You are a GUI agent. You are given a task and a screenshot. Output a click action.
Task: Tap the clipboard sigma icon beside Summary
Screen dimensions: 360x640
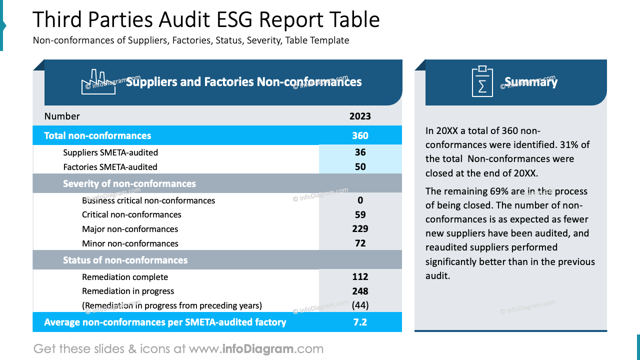click(x=482, y=81)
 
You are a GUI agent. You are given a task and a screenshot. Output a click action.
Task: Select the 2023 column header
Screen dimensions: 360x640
click(x=360, y=116)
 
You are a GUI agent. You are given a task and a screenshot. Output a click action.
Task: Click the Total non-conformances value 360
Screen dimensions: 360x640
click(x=360, y=135)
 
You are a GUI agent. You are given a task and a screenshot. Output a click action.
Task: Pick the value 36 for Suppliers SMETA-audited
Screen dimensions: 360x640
click(x=360, y=152)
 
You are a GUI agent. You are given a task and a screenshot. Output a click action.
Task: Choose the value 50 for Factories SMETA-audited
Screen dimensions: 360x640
click(x=360, y=167)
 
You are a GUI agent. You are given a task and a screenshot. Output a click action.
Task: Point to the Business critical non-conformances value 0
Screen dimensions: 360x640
click(x=360, y=200)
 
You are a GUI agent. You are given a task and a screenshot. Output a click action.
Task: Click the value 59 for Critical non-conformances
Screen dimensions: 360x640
click(x=360, y=215)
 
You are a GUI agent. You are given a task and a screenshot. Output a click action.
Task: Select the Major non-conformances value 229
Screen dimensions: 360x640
click(x=360, y=229)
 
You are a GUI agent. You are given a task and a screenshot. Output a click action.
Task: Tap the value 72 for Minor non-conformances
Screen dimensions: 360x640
click(x=360, y=243)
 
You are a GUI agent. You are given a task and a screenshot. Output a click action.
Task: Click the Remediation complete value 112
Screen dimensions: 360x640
click(x=360, y=277)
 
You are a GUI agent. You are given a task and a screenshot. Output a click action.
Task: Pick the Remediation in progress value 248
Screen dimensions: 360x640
click(x=360, y=291)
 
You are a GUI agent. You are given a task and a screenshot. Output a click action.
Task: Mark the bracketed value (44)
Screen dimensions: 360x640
click(x=360, y=305)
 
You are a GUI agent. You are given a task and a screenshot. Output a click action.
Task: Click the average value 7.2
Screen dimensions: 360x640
click(x=360, y=322)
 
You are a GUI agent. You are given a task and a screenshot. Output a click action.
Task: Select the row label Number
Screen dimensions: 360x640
click(x=62, y=116)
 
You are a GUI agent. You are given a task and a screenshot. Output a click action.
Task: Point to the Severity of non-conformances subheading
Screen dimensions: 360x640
click(x=129, y=184)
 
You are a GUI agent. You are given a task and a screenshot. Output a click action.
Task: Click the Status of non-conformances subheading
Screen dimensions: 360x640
click(x=125, y=260)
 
